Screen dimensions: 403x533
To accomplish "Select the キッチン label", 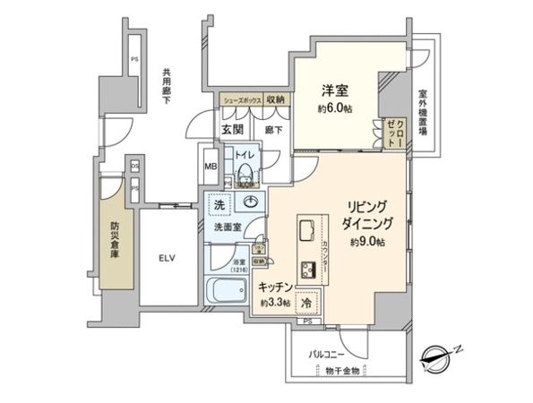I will click(x=273, y=287).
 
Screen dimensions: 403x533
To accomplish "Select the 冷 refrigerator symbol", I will click(x=307, y=303).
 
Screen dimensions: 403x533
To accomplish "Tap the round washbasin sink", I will click(x=252, y=201).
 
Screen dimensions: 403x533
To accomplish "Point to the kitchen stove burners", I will click(x=309, y=266).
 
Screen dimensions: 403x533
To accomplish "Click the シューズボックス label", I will click(x=239, y=100).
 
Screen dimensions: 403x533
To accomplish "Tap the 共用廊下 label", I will click(x=167, y=86).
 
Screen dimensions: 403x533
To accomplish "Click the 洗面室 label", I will click(x=230, y=227).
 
